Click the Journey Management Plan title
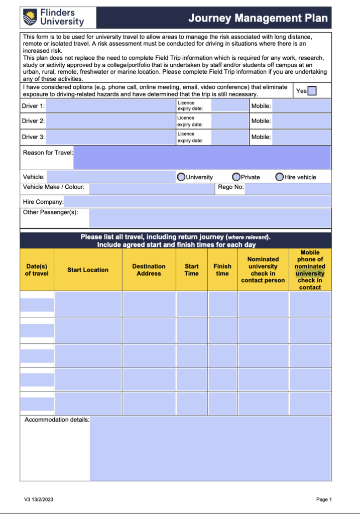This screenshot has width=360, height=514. [258, 19]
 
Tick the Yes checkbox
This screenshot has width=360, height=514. [312, 91]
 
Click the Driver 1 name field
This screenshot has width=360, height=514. [110, 106]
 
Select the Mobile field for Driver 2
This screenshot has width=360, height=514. [302, 121]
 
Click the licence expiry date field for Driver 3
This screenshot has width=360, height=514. [230, 137]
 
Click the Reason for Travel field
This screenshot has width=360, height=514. [202, 158]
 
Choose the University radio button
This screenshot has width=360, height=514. [181, 177]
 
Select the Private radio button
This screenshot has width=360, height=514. [236, 177]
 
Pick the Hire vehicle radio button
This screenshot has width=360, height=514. [280, 177]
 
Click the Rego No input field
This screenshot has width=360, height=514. [288, 188]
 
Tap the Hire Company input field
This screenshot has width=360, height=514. [197, 202]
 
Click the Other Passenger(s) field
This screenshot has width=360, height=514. [210, 218]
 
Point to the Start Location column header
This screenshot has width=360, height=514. [88, 270]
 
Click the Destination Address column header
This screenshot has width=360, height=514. [149, 270]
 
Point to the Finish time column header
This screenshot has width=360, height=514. [222, 270]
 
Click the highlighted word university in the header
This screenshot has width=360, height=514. [310, 274]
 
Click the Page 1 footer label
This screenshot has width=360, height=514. [324, 499]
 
